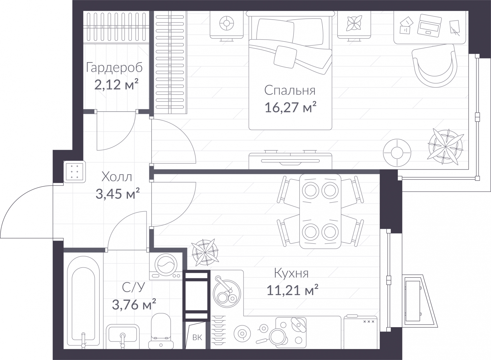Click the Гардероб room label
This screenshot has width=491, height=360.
tap(114, 68)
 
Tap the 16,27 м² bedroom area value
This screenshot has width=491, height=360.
tap(290, 107)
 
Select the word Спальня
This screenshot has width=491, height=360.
tap(290, 90)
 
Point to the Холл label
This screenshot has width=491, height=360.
tap(117, 177)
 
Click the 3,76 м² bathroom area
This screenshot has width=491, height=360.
tap(134, 304)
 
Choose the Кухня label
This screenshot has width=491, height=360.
tap(291, 273)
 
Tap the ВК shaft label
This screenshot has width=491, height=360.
tap(197, 337)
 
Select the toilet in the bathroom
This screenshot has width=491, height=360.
tap(161, 331)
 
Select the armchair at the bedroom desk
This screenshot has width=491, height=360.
tap(435, 65)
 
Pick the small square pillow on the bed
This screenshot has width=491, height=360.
tap(285, 57)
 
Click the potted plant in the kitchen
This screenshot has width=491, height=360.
tap(205, 253)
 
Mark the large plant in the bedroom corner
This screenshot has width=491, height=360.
tap(445, 146)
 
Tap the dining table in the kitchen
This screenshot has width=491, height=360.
tap(320, 211)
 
